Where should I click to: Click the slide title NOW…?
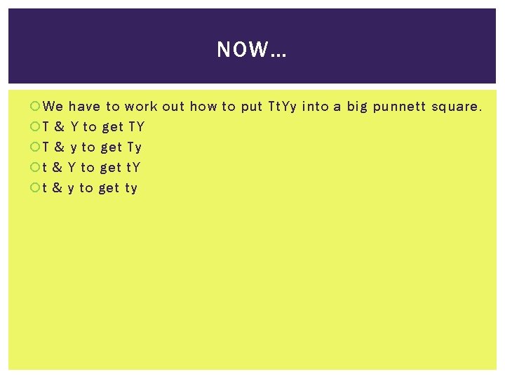pos(252,50)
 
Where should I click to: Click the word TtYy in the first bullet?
pos(283,107)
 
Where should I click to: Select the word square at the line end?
pos(457,107)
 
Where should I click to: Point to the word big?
pos(357,107)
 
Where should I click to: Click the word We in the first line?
pos(53,107)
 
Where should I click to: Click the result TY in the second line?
pos(136,127)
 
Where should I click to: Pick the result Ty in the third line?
pos(135,147)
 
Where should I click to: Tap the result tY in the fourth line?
pos(133,168)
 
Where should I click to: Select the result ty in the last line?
pos(131,188)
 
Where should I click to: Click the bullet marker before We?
pos(36,107)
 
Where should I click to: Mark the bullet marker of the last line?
pos(36,188)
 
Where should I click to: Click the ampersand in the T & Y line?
pos(60,127)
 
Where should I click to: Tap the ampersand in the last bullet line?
pos(58,188)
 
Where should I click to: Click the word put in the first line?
pos(251,107)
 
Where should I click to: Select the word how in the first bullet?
pos(203,107)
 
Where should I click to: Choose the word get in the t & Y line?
pos(110,168)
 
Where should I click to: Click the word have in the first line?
pos(84,107)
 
